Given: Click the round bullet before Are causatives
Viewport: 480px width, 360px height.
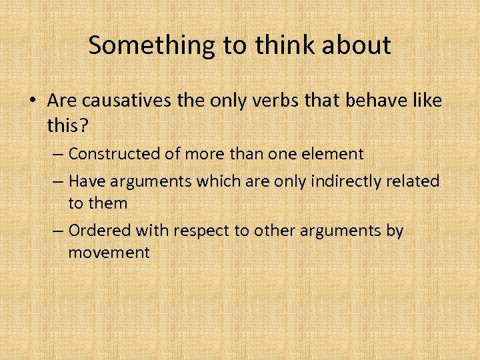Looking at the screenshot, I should [x=33, y=101].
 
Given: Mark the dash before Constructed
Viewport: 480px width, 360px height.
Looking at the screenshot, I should [x=57, y=154].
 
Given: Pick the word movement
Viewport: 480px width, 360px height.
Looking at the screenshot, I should [x=109, y=253].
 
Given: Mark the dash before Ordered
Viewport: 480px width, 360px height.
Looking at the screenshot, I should [x=57, y=231].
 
